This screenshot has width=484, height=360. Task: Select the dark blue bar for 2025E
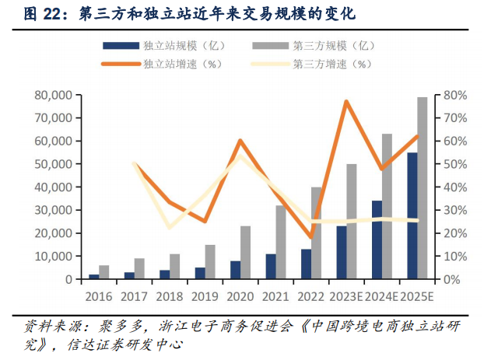(412, 216)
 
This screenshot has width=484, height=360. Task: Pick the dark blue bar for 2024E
(377, 240)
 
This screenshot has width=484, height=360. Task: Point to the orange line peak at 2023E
(346, 102)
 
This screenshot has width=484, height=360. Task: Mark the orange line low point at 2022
(310, 237)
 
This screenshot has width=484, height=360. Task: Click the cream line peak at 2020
(240, 156)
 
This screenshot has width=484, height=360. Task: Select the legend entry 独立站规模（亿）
(173, 46)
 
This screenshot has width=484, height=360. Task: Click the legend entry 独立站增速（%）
(173, 64)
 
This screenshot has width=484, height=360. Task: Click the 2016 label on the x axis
(99, 295)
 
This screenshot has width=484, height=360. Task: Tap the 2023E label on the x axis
(347, 295)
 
